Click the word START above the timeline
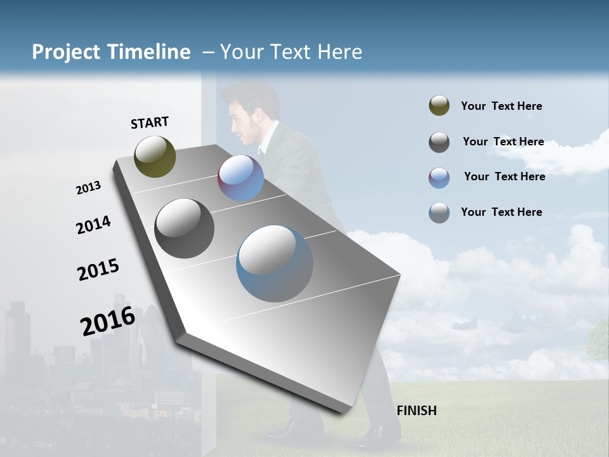[x=150, y=123]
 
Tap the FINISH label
[x=417, y=411]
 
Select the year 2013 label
[x=88, y=188]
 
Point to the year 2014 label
[x=93, y=225]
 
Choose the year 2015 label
[x=98, y=269]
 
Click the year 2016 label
[x=108, y=321]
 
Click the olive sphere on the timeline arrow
[x=155, y=156]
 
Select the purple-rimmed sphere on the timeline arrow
[x=241, y=178]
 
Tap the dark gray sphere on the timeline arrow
[x=185, y=228]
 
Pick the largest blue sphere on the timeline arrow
[x=275, y=263]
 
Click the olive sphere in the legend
[x=439, y=105]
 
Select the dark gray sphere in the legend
[x=439, y=142]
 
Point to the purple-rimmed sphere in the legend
[x=439, y=178]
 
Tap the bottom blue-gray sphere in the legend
[x=439, y=213]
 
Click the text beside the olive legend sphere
[x=501, y=106]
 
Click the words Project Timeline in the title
[x=111, y=52]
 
